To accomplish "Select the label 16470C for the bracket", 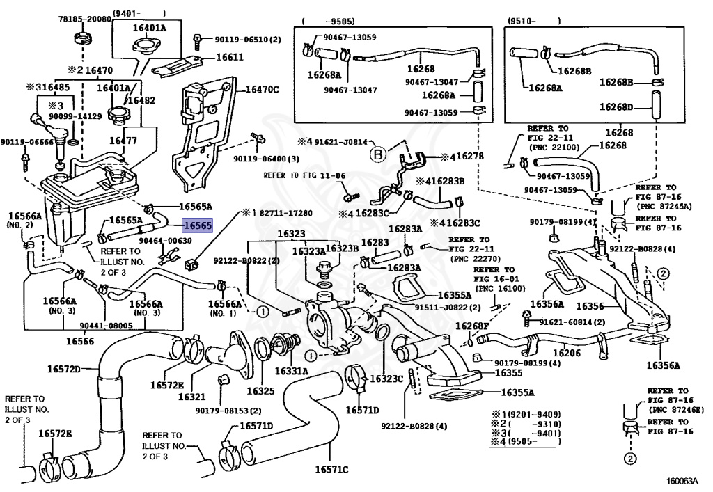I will (x=261, y=89).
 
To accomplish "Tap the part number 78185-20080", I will (x=84, y=19).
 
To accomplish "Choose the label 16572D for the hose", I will (x=68, y=368).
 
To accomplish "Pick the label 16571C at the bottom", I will (x=330, y=468).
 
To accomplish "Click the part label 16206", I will (x=566, y=354).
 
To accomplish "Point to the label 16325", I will (x=259, y=391).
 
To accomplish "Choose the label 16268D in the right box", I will (x=618, y=107).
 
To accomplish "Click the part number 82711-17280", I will (x=281, y=212).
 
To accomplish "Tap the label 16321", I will (x=191, y=396).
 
